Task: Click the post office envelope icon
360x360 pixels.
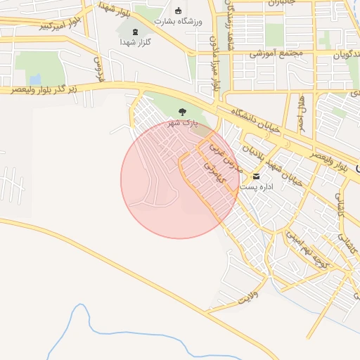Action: click(255, 175)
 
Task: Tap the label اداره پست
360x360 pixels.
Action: click(255, 187)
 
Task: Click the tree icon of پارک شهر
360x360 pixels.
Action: click(183, 112)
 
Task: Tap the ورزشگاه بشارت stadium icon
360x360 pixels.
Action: click(178, 11)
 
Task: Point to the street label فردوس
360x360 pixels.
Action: click(98, 68)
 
